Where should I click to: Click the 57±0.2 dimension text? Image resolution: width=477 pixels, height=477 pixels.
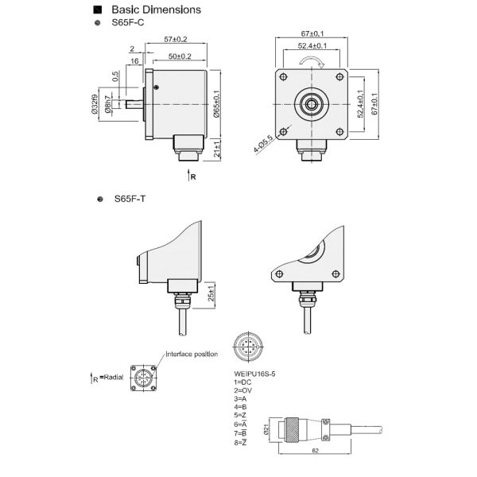[x=174, y=38]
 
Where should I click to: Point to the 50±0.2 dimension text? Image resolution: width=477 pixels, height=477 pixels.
[x=180, y=56]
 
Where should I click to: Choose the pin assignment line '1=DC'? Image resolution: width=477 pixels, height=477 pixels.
[x=242, y=382]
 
